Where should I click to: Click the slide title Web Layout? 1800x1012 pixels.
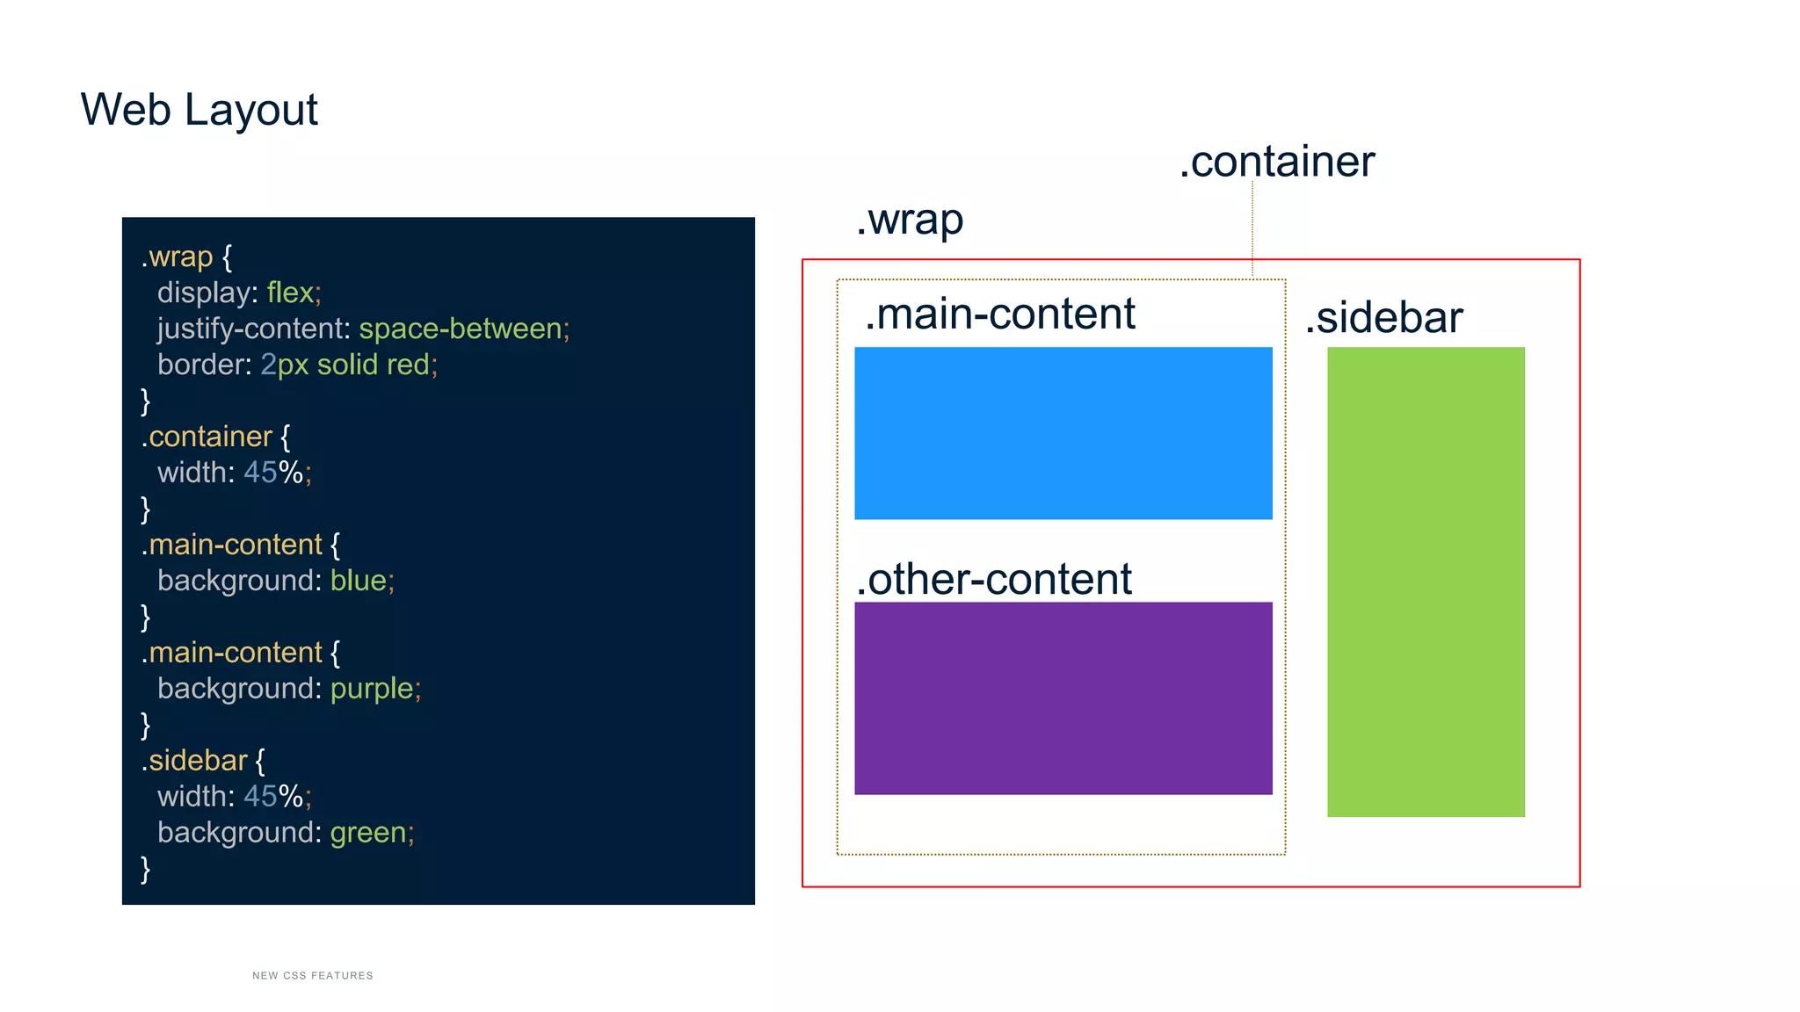pyautogui.click(x=199, y=111)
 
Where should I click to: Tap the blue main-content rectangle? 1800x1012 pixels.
pyautogui.click(x=1063, y=433)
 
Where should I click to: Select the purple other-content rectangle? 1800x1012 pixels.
pyautogui.click(x=1063, y=698)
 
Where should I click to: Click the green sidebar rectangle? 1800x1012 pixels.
pyautogui.click(x=1425, y=582)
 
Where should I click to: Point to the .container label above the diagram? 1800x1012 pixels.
pyautogui.click(x=1276, y=163)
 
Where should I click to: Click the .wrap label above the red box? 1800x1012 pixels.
pyautogui.click(x=910, y=220)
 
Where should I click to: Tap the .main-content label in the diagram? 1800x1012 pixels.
pyautogui.click(x=999, y=314)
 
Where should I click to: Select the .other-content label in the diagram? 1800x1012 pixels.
pyautogui.click(x=993, y=580)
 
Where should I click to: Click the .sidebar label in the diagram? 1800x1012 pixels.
pyautogui.click(x=1383, y=318)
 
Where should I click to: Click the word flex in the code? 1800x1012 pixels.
pyautogui.click(x=290, y=293)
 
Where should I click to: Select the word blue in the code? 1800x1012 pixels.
pyautogui.click(x=359, y=581)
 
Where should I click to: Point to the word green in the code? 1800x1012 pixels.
pyautogui.click(x=367, y=833)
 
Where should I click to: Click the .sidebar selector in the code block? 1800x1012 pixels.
pyautogui.click(x=194, y=761)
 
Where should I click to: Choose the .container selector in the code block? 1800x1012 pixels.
pyautogui.click(x=207, y=437)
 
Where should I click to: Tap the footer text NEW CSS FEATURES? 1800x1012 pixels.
pyautogui.click(x=312, y=975)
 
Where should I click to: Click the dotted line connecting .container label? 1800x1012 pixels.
pyautogui.click(x=1252, y=228)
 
